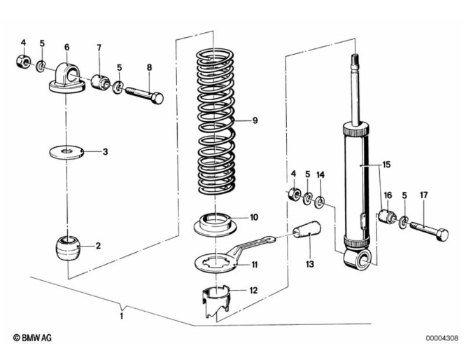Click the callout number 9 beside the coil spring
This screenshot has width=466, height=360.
pyautogui.click(x=255, y=120)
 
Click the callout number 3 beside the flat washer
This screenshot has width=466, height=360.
pyautogui.click(x=105, y=151)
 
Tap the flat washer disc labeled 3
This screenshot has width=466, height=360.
pyautogui.click(x=68, y=151)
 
